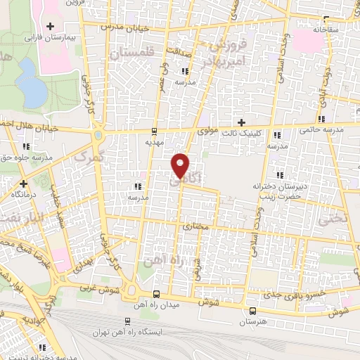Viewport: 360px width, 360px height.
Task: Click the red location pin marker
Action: (x=181, y=165)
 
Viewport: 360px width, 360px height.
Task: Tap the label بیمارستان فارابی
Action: (x=49, y=37)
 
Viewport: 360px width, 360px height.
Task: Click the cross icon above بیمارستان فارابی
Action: (x=49, y=27)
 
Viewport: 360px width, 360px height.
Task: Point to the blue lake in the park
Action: (x=30, y=81)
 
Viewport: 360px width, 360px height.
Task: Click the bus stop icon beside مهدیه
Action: (x=154, y=131)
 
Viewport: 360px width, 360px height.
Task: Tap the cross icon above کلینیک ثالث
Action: (x=242, y=122)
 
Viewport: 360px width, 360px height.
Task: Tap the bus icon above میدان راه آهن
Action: (x=156, y=294)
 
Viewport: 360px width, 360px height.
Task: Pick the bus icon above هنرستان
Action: (x=252, y=310)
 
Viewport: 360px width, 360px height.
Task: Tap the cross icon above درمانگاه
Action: (x=23, y=183)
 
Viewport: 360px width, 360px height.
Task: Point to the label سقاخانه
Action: (x=326, y=30)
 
